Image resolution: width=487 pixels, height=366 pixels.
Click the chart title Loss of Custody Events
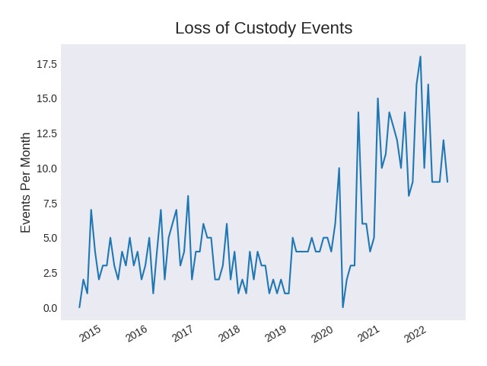[263, 28]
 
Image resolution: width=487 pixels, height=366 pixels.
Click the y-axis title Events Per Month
[26, 182]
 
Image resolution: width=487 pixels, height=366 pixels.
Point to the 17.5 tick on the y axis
[47, 64]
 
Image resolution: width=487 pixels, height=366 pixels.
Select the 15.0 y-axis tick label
[47, 98]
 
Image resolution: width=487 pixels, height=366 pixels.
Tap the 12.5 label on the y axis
[47, 133]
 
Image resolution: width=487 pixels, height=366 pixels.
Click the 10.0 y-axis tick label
[47, 169]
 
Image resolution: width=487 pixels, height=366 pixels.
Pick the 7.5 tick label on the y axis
[50, 204]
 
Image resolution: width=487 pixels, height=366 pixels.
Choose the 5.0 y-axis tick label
[50, 238]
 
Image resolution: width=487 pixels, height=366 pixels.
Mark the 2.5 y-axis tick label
[50, 273]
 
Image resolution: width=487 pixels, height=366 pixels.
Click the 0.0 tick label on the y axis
[50, 308]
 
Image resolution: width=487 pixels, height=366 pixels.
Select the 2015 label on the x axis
[89, 333]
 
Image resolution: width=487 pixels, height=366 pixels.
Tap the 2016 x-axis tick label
[135, 333]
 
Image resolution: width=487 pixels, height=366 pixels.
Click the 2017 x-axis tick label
[183, 333]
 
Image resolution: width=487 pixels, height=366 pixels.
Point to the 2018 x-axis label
[229, 333]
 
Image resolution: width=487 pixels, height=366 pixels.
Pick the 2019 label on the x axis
[275, 333]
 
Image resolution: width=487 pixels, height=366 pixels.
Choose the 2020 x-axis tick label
[322, 333]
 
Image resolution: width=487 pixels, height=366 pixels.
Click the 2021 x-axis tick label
[369, 333]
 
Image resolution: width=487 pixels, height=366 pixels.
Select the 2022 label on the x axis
[415, 333]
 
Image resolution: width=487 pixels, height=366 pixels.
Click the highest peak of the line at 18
[420, 56]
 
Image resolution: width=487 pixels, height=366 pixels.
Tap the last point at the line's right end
[447, 181]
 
